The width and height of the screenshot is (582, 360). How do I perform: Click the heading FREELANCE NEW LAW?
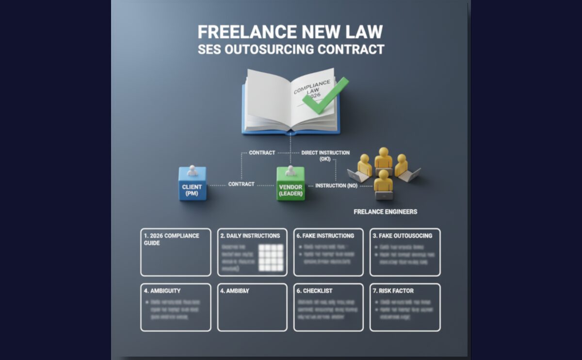point(290,32)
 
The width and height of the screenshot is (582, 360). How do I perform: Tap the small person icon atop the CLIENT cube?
point(193,170)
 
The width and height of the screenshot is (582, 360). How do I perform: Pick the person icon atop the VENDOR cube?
point(291,170)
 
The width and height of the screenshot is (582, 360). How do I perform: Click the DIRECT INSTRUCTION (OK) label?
point(325,155)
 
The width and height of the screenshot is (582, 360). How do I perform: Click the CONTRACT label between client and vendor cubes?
point(241,184)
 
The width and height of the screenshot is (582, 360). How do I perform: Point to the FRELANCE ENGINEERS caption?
point(385,212)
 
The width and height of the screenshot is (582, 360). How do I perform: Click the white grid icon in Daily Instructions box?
point(271,257)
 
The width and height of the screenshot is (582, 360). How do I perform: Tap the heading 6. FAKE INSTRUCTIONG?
point(325,236)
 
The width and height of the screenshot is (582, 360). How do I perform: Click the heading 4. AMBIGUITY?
point(162,291)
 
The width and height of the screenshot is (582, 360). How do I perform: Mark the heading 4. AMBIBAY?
point(234,291)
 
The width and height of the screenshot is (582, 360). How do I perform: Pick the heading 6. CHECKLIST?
point(314,291)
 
